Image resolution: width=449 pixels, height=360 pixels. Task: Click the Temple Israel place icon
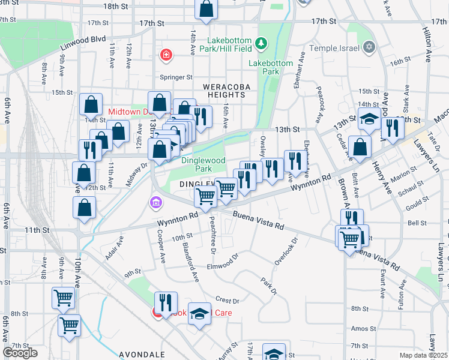tap(369, 47)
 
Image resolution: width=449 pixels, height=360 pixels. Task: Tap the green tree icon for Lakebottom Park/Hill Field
tap(261, 43)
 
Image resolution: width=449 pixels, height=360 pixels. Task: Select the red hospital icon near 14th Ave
tap(166, 56)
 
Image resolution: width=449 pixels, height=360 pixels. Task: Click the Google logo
tap(20, 353)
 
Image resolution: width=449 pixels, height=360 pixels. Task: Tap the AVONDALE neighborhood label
tap(142, 355)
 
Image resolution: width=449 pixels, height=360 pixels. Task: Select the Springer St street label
tap(176, 77)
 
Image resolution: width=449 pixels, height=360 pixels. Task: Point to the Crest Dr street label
tap(227, 300)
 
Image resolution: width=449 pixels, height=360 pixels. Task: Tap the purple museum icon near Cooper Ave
tap(156, 203)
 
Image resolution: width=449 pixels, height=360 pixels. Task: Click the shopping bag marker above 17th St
tap(205, 9)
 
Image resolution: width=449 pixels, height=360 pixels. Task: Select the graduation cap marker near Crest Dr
tap(199, 314)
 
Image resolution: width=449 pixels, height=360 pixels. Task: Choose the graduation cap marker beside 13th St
tap(370, 119)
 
